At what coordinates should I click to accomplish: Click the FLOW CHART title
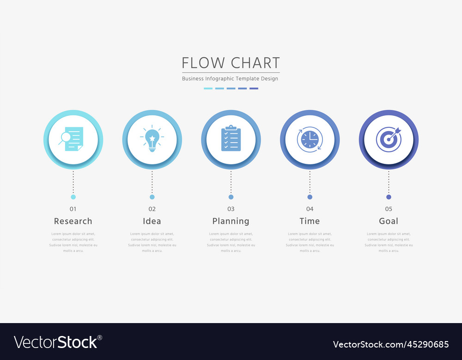point(231,63)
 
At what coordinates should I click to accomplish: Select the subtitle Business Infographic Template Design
point(230,78)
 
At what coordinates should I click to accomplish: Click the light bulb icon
point(152,139)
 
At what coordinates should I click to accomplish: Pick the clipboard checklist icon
point(231,138)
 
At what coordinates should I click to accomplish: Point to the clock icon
point(310,139)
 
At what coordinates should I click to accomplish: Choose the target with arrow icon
point(389,139)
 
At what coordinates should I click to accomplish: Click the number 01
point(73,209)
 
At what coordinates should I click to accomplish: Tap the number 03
point(231,209)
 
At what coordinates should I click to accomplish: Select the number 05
point(389,209)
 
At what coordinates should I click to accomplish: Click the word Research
point(73,221)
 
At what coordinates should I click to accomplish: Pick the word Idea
point(152,221)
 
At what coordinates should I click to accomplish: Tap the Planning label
point(231,221)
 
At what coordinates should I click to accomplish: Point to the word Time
point(310,221)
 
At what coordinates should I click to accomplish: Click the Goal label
point(389,221)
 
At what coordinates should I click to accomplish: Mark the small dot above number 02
point(152,197)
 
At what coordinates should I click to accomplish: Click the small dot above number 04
point(310,197)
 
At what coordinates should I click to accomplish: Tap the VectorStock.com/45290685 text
point(391,344)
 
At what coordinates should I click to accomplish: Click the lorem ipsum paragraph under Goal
point(389,242)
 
